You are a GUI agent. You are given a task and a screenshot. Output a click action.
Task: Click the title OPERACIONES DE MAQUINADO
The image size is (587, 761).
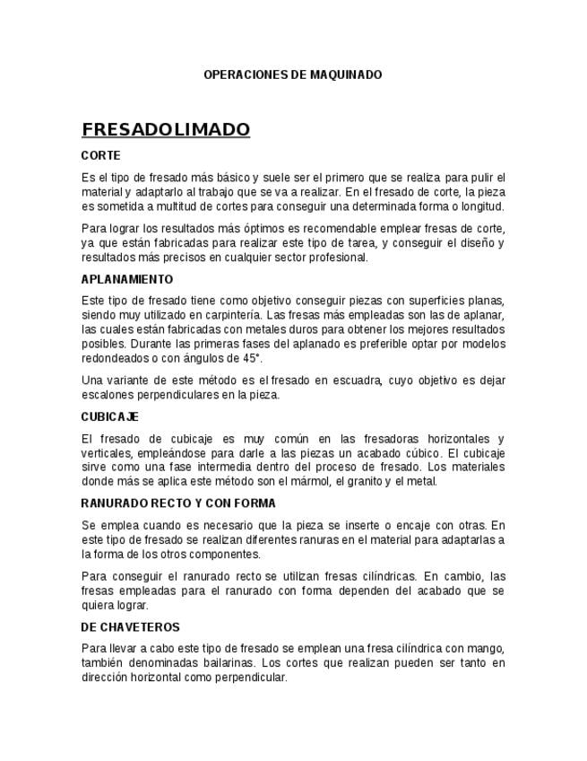[292, 74]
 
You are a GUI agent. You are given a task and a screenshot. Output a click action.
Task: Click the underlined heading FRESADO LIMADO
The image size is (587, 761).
[166, 130]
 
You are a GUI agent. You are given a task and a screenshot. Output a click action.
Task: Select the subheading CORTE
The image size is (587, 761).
[100, 155]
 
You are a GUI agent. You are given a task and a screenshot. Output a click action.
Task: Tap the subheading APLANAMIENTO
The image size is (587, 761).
[126, 279]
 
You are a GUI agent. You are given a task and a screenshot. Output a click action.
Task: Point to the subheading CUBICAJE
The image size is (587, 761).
[109, 417]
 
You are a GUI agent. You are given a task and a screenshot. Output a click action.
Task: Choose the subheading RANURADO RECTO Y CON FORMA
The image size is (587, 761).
[178, 503]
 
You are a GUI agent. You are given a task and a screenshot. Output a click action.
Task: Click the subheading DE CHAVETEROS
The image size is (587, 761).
[130, 627]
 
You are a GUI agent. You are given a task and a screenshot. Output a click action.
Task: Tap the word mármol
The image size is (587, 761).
[315, 482]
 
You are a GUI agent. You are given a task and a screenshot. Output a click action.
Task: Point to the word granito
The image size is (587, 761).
[365, 482]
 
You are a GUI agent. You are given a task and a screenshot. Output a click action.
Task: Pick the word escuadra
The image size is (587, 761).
[353, 380]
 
